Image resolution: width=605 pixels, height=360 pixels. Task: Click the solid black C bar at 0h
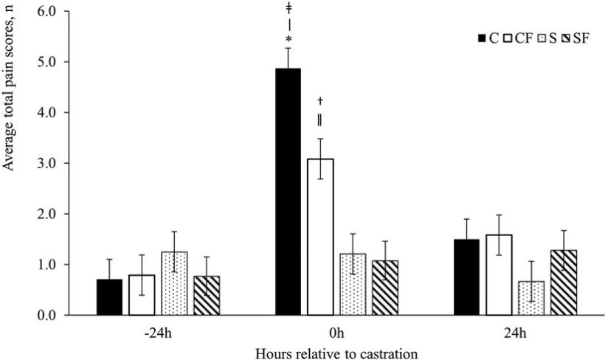[x=287, y=192]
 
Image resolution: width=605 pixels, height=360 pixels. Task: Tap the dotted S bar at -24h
[x=174, y=283]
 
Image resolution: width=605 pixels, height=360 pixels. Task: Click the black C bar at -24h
[x=109, y=297]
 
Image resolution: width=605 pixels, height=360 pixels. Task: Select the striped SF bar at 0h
[x=385, y=288]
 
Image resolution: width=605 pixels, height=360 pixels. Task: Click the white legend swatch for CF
[x=507, y=38]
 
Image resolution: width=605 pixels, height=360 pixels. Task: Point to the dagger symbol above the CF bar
[x=319, y=100]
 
